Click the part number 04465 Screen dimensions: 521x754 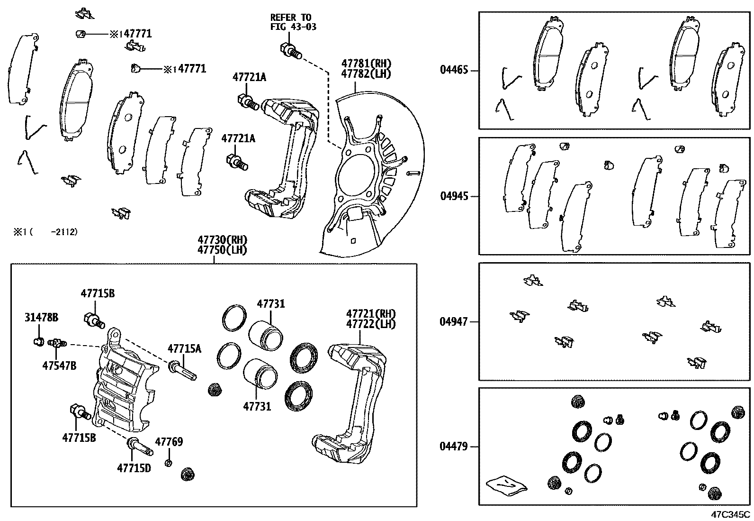(x=454, y=70)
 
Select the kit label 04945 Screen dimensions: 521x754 (x=454, y=196)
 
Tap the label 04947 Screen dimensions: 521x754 (x=454, y=322)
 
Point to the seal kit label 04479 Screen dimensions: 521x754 (x=454, y=447)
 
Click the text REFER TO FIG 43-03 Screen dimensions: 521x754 (x=293, y=22)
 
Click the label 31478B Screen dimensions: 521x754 (x=41, y=318)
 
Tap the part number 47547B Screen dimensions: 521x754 (x=59, y=366)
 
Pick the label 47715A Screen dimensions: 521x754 (x=184, y=349)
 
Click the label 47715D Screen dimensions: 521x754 (x=134, y=468)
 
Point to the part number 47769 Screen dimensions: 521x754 (x=169, y=442)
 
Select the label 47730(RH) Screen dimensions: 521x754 (x=223, y=240)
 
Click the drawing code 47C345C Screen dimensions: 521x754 (x=730, y=514)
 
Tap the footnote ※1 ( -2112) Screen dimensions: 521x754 (x=45, y=232)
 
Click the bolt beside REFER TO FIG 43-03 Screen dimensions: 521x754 (x=289, y=50)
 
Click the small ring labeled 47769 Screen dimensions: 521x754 (x=168, y=463)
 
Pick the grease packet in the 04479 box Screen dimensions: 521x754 (x=506, y=485)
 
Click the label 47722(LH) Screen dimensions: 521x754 (x=370, y=324)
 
